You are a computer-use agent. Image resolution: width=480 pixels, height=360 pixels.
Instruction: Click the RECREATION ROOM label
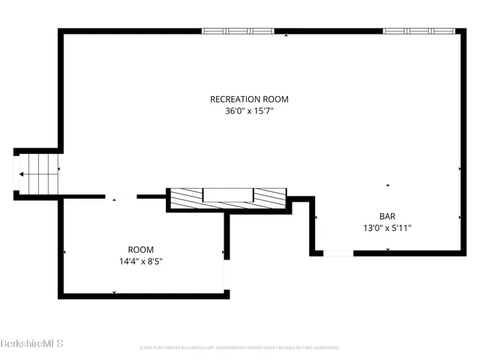pos(249,99)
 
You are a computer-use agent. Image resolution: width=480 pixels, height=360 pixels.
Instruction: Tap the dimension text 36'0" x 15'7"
pos(249,112)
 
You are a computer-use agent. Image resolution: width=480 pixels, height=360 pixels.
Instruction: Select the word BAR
pos(387,215)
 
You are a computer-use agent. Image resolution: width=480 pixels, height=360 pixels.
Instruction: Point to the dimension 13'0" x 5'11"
pos(387,228)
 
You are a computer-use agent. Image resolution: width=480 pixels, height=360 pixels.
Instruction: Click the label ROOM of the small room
pos(140,250)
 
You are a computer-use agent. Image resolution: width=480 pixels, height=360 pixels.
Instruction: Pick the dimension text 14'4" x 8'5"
pos(140,262)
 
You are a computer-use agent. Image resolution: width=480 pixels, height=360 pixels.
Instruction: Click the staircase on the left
pos(37,174)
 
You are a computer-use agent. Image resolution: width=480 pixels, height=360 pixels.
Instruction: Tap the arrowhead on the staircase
pos(22,174)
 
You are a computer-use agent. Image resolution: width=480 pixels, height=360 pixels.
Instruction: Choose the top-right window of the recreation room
pos(419,31)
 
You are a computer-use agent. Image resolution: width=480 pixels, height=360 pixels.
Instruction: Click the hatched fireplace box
pos(228,197)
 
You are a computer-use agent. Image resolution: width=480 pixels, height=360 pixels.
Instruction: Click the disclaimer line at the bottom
pos(240,348)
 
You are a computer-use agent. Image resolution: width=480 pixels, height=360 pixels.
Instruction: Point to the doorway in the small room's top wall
pos(121,197)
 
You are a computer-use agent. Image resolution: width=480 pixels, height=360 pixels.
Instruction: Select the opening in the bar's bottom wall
pos(337,253)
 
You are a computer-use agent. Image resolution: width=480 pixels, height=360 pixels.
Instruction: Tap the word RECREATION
pos(234,99)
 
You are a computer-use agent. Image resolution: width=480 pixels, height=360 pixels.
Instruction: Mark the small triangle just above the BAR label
pos(388,185)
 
